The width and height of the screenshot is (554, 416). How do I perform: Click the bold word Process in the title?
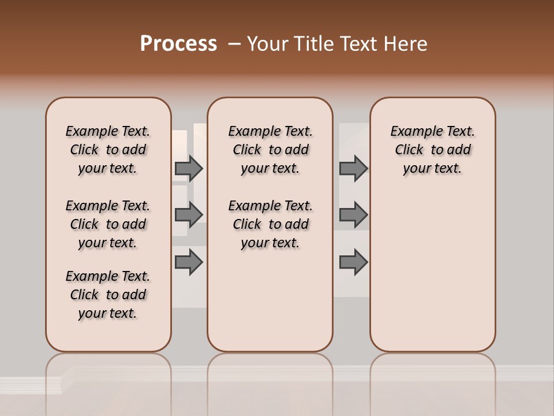178,44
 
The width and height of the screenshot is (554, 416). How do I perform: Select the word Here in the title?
407,44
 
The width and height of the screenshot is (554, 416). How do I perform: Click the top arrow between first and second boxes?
189,168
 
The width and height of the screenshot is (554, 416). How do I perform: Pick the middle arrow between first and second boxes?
189,214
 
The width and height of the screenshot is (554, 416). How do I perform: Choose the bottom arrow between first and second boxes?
189,262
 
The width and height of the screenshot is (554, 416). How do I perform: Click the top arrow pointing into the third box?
353,168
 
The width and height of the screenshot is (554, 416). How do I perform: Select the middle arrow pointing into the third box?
353,214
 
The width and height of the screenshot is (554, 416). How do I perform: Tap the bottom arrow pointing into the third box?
353,262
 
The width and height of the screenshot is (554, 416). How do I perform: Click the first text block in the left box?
108,150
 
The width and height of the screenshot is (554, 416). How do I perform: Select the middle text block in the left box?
108,224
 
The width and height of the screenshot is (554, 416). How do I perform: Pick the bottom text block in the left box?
108,295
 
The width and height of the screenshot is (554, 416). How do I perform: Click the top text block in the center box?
270,150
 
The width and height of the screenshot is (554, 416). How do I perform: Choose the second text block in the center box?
270,224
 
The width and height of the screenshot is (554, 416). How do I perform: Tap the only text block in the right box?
432,150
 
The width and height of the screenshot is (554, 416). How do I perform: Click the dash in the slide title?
234,44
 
